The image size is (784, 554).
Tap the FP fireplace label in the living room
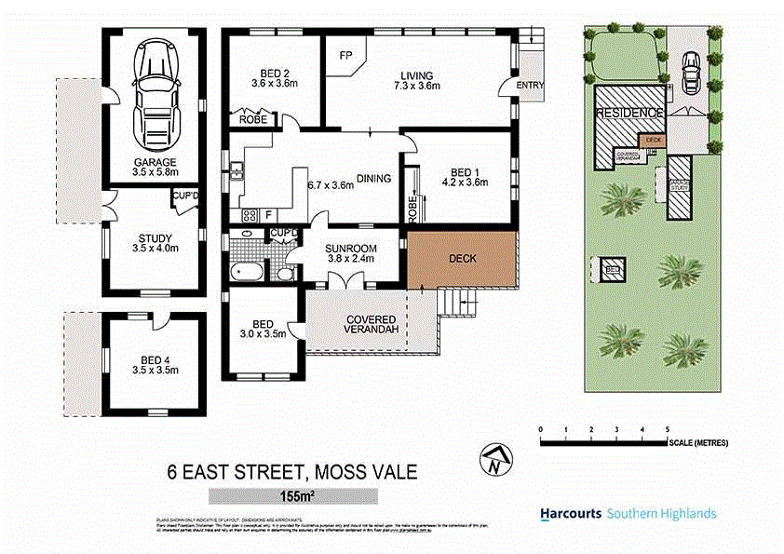click(345, 56)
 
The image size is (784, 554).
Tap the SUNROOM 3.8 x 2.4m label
click(350, 253)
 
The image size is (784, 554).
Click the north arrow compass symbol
click(497, 459)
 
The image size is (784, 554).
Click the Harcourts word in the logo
click(570, 513)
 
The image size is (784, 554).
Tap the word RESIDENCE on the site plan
click(629, 114)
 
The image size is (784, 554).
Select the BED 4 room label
click(155, 364)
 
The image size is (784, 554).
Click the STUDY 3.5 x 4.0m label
click(155, 243)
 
